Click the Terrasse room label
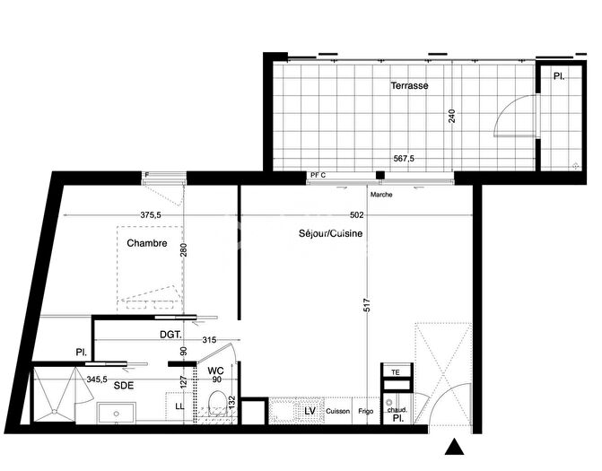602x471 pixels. pos(409,86)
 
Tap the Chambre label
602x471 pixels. pos(146,243)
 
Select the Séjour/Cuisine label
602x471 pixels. pos(330,233)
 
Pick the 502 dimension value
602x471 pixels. pos(356,214)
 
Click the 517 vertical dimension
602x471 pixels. pos(367,305)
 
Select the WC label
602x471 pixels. pos(215,370)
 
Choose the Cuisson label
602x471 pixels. pos(338,411)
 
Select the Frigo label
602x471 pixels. pos(366,411)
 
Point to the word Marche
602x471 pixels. pos(381,194)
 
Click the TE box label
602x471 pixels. pos(394,370)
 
